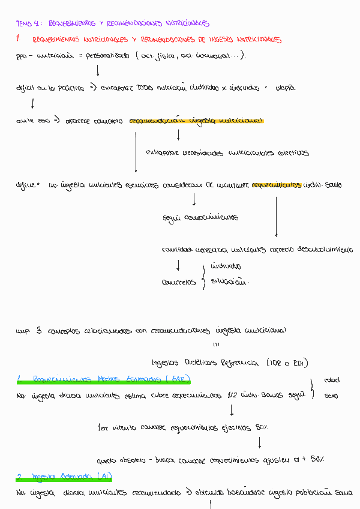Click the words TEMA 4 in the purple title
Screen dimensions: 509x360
tap(28, 24)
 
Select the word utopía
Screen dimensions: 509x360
tap(285, 88)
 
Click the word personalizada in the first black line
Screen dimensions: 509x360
tap(107, 56)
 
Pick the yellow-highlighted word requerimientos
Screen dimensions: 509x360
tap(277, 185)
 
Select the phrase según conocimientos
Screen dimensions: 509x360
tap(200, 217)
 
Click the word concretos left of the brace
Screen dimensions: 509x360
tap(179, 282)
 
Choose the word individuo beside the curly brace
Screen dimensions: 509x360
tap(226, 266)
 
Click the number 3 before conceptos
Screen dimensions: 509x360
tap(39, 330)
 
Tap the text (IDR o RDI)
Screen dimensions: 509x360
tap(286, 363)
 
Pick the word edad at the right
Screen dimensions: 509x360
tap(331, 381)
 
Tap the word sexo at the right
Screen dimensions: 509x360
tap(331, 396)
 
